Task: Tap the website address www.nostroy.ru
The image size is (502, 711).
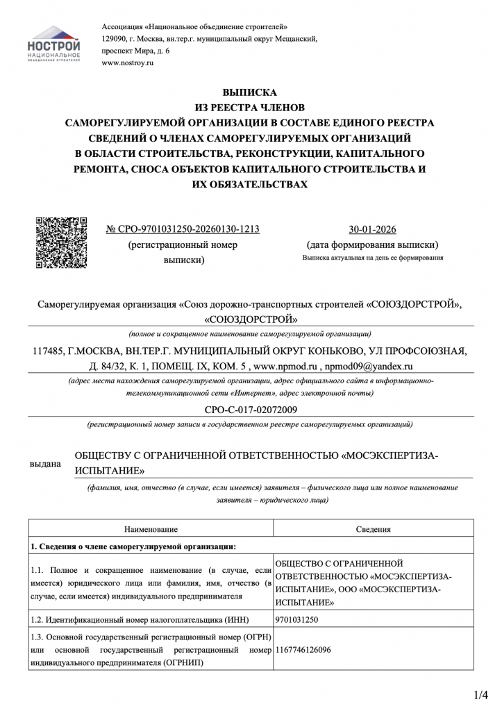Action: pyautogui.click(x=127, y=63)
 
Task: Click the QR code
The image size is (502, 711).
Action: pyautogui.click(x=61, y=242)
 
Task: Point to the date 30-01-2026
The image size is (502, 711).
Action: pyautogui.click(x=372, y=230)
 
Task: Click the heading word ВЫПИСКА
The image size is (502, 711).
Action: pyautogui.click(x=249, y=92)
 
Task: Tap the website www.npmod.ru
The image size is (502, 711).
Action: pyautogui.click(x=285, y=365)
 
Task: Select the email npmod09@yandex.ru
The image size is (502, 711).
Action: pyautogui.click(x=369, y=365)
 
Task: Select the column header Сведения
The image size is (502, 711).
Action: pyautogui.click(x=374, y=529)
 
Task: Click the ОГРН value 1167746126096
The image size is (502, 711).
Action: pyautogui.click(x=303, y=651)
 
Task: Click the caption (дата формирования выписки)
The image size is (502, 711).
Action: pyautogui.click(x=372, y=245)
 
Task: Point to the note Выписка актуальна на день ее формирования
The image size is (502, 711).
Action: pyautogui.click(x=372, y=258)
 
